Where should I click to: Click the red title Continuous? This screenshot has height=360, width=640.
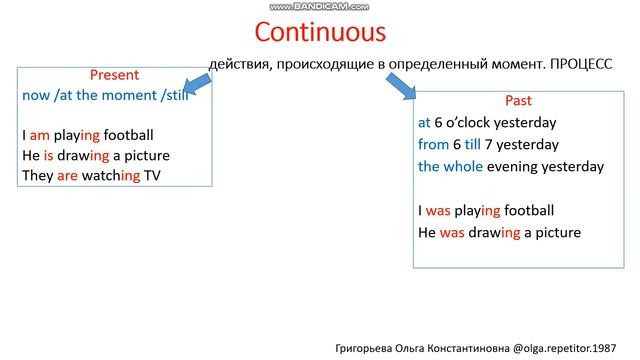click(x=320, y=32)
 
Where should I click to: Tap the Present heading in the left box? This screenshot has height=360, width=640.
click(x=114, y=75)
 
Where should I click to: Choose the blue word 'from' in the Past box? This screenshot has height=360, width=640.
click(x=435, y=145)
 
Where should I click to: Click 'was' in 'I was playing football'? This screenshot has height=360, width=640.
click(x=441, y=211)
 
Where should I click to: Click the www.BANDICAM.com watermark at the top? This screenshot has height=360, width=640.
click(x=320, y=6)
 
